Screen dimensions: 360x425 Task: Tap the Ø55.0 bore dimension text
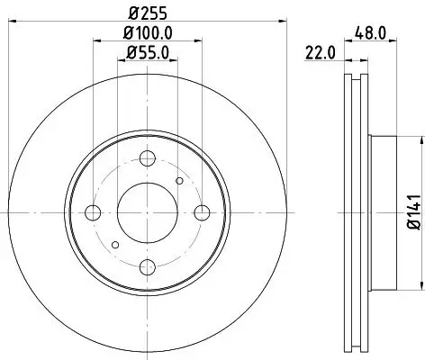coord(146,52)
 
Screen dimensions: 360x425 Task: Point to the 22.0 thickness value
coord(320,52)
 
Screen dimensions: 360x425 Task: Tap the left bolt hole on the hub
coord(92,212)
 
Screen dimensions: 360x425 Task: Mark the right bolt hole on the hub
coord(202,212)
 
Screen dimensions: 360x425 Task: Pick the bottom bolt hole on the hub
coord(147,266)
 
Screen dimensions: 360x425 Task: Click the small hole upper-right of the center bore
coord(179,181)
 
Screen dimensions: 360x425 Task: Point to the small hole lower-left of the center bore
coord(113,244)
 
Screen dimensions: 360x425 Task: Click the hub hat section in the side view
coord(383,212)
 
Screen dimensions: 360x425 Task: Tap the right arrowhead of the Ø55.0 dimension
coord(173,61)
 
